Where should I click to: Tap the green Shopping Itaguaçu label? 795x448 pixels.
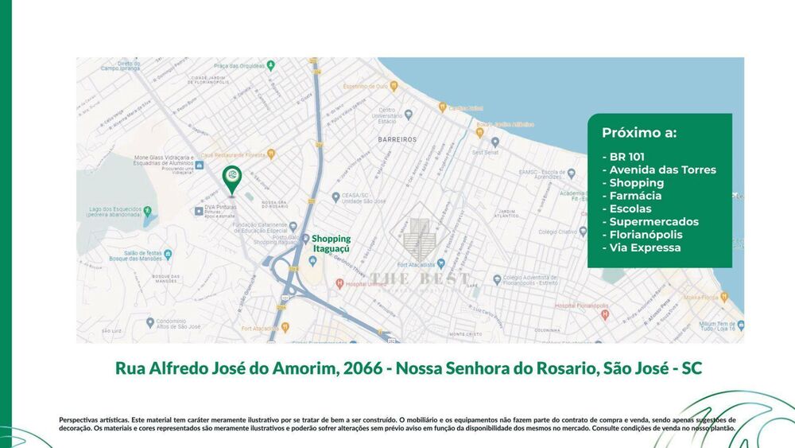(x=331, y=243)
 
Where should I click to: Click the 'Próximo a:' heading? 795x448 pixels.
(x=639, y=133)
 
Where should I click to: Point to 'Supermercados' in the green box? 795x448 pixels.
(x=653, y=222)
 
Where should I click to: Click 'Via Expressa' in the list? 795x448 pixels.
(x=645, y=247)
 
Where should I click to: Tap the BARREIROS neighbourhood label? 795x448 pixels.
(x=397, y=138)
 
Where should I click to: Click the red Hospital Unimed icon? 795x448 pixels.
(x=340, y=282)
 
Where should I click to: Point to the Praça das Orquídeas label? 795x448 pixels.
(x=238, y=65)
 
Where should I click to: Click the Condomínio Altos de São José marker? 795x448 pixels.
(x=149, y=321)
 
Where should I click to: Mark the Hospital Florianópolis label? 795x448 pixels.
(x=576, y=306)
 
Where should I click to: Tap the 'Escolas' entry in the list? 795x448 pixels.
(x=629, y=208)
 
